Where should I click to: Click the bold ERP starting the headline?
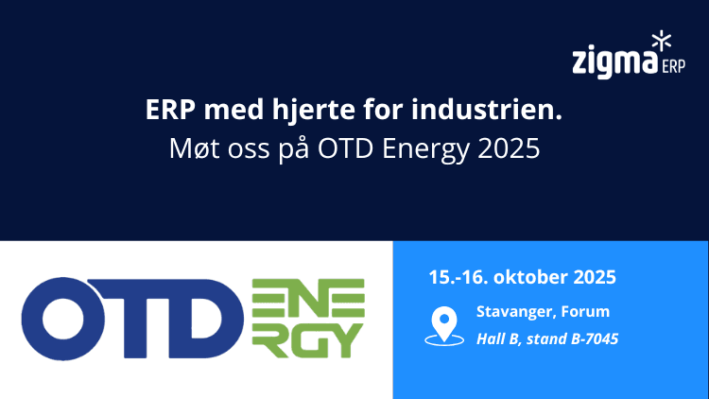pyautogui.click(x=167, y=111)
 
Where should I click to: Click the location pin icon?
pyautogui.click(x=441, y=324)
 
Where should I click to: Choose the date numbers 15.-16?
pyautogui.click(x=458, y=278)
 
